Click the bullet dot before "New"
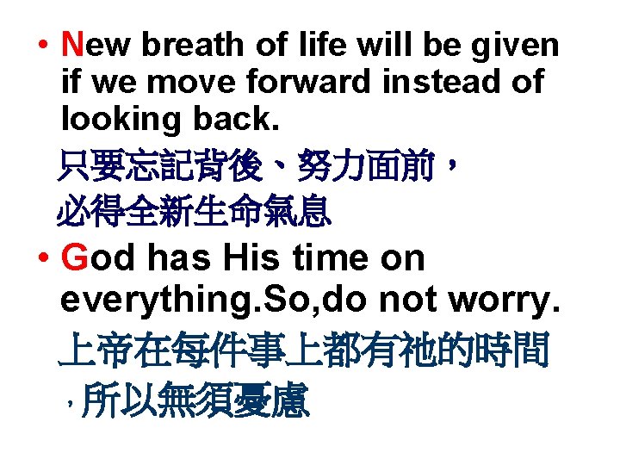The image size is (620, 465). pyautogui.click(x=42, y=46)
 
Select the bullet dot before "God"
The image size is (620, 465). pyautogui.click(x=42, y=258)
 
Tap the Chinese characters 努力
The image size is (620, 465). pyautogui.click(x=330, y=164)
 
